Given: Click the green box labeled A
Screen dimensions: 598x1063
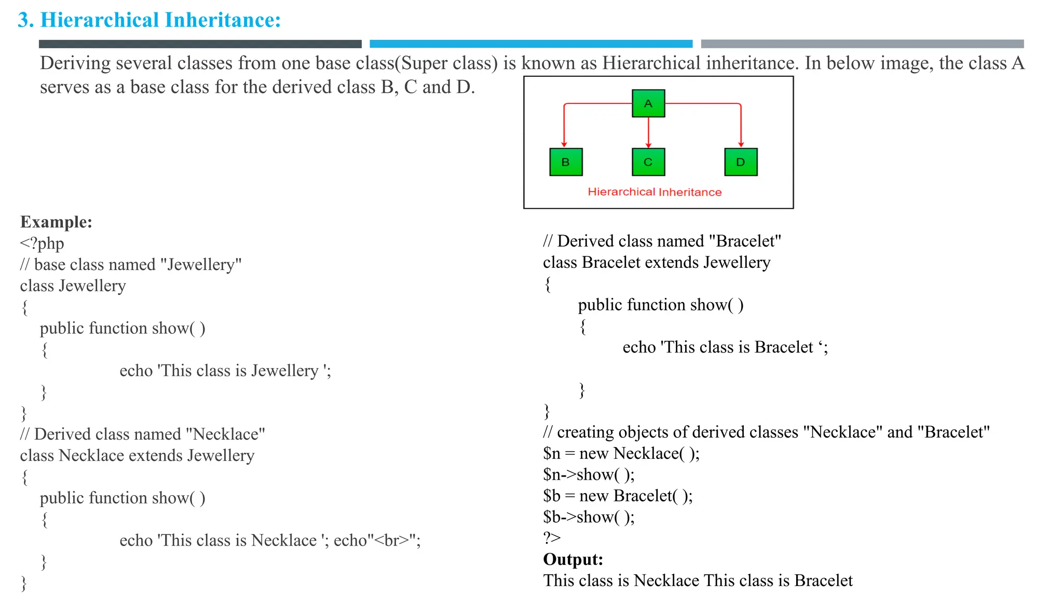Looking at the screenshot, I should tap(648, 103).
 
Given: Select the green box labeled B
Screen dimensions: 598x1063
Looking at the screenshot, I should tap(566, 162).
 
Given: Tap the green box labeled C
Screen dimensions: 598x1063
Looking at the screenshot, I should tap(648, 162).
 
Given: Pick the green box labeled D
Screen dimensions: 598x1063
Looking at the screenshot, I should tap(741, 162).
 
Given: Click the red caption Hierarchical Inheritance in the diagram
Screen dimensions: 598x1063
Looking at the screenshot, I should tap(655, 192).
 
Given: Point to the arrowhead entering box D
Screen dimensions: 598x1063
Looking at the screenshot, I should tap(741, 144).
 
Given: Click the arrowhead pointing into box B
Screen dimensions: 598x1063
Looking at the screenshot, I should tap(564, 144).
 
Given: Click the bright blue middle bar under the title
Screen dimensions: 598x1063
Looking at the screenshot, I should tap(530, 44).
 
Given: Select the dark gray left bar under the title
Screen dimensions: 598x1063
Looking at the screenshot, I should tap(200, 44).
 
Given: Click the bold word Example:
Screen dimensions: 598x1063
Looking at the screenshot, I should tap(56, 222).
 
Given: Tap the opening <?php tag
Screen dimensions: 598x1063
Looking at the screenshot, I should tap(42, 243).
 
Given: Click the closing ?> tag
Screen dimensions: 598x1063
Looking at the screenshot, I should tap(552, 538).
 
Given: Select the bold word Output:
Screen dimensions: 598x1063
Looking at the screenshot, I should tap(573, 560).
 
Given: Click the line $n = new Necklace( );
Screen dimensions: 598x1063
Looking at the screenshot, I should tap(621, 454).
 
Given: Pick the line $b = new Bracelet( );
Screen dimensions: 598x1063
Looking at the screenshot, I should tap(618, 496).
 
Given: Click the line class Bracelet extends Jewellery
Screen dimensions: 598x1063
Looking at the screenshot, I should tap(657, 263).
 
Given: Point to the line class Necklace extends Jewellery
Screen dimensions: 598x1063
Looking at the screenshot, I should tap(137, 456).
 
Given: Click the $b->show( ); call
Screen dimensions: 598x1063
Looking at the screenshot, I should tap(589, 518).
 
